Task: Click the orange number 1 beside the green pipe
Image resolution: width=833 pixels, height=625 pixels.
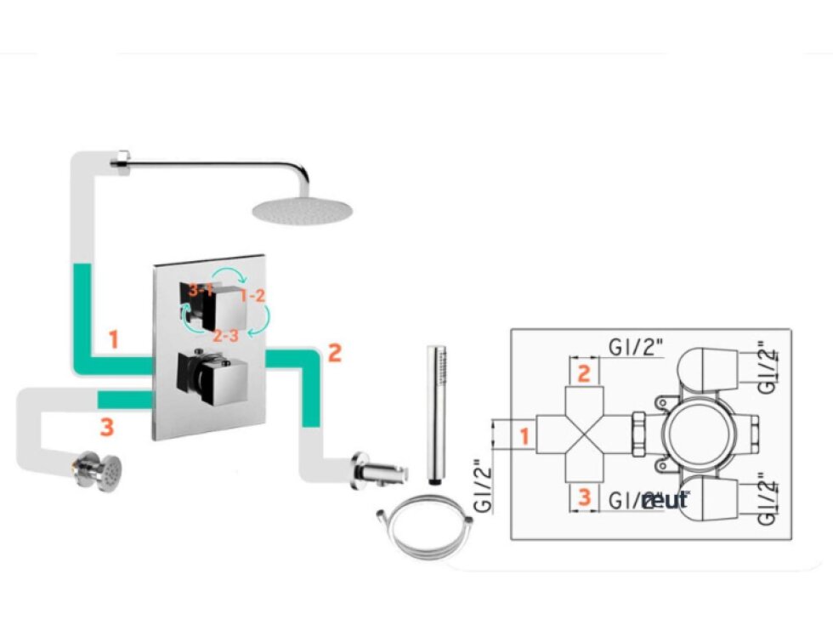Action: pyautogui.click(x=113, y=339)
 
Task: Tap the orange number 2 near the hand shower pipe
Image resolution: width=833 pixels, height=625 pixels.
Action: pyautogui.click(x=334, y=353)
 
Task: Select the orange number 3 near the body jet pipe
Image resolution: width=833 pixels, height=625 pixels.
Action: pyautogui.click(x=106, y=428)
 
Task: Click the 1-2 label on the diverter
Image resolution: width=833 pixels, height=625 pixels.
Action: pyautogui.click(x=253, y=297)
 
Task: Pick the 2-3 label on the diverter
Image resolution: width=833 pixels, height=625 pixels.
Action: pyautogui.click(x=225, y=335)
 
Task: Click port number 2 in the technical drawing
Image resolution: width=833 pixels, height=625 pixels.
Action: pyautogui.click(x=584, y=372)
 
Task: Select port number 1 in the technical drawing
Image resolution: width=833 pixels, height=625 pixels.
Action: pyautogui.click(x=524, y=437)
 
